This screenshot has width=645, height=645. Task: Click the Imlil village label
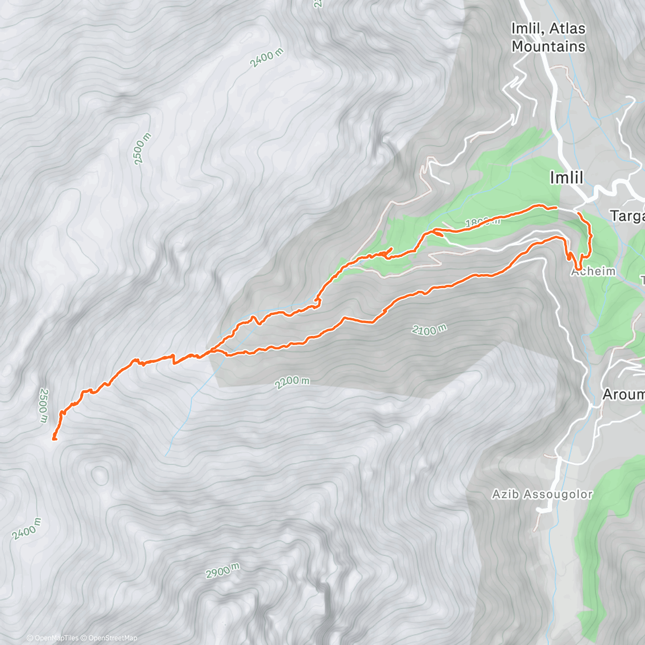pos(567,178)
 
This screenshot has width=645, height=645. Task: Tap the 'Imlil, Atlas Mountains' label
pos(548,38)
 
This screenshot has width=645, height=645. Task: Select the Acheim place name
pos(593,271)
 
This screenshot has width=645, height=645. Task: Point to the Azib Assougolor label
pos(542,494)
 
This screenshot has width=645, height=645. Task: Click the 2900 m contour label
pos(223,571)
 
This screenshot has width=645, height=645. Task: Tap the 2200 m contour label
pos(292,382)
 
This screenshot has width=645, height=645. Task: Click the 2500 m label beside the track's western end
pos(44,406)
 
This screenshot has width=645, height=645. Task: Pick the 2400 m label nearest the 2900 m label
pos(26,529)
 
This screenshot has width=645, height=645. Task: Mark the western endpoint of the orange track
pos(54,439)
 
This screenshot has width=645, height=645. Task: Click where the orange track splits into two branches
pos(212,351)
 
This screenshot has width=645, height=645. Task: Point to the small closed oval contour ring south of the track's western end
pos(100,474)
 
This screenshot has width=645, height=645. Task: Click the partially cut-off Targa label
pos(627,216)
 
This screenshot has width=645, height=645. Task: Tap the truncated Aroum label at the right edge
pos(623,395)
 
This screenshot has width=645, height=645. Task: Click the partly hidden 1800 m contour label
pos(482,222)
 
